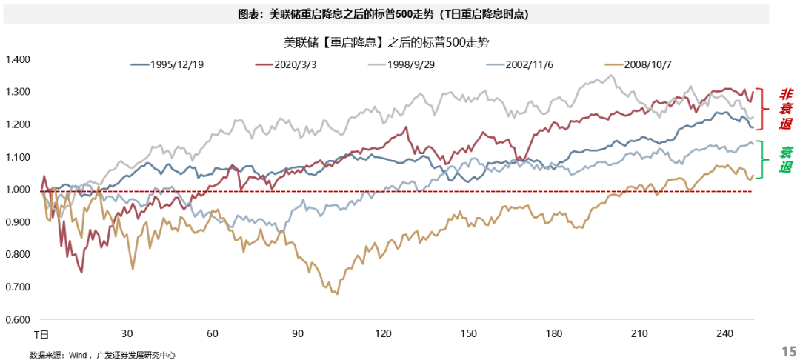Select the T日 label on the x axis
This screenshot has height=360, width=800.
[42, 334]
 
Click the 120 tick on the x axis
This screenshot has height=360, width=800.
[383, 334]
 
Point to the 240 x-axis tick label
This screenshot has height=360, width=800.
[724, 334]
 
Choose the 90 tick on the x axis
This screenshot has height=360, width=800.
[298, 334]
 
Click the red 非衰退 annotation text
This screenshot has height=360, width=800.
[785, 109]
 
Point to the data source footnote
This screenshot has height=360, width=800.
[102, 355]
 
